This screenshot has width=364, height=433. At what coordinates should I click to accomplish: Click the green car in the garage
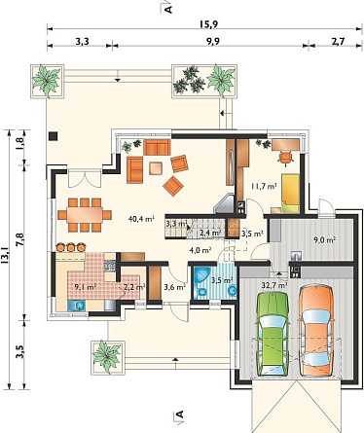pos(272,334)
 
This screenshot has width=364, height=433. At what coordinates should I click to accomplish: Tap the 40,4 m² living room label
pos(141,219)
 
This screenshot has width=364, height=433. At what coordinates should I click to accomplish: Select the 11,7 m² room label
pos(264,186)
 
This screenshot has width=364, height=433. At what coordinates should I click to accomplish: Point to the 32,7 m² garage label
pos(274,285)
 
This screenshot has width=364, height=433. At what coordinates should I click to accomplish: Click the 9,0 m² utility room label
pos(324,240)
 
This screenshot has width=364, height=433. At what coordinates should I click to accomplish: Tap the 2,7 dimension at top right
pos(338,41)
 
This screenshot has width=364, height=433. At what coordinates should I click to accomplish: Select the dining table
pos(85,215)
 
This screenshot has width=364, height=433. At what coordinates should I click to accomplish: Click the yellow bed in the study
pos(290,194)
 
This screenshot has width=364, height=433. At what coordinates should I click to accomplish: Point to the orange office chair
pos(285,158)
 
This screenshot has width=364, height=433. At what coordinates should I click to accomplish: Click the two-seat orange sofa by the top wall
pos(157,147)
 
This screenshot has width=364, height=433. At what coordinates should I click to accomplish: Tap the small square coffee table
pos(157,168)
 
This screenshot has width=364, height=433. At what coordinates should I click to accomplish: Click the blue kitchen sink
pos(77,306)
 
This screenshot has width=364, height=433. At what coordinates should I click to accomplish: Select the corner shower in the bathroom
pos(200,275)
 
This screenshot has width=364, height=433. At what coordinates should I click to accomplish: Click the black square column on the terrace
pos(54,136)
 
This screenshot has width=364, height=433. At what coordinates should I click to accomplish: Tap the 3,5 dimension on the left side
pos(20,351)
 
